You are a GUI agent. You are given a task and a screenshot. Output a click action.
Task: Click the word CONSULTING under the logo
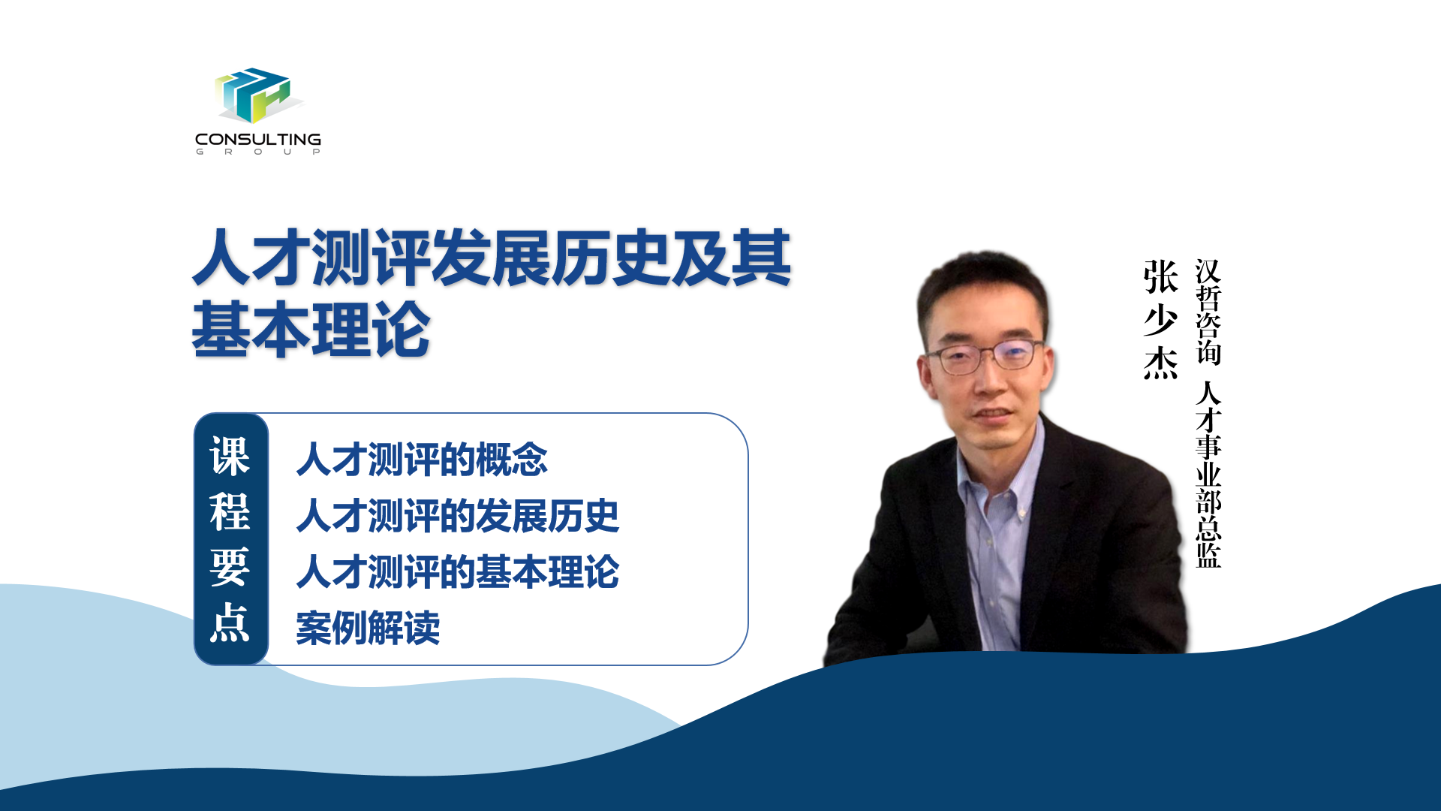point(258,140)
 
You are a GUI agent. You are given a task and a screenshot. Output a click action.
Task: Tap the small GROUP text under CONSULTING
point(258,152)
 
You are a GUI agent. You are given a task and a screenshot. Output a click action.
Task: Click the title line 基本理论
point(311,330)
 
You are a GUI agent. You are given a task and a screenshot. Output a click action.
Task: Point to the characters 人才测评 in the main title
point(311,258)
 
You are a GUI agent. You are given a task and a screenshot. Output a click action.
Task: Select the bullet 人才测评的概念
point(422,460)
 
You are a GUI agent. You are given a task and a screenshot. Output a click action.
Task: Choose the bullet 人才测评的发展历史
point(458,516)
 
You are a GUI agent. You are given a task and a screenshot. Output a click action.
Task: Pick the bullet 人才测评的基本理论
point(458,571)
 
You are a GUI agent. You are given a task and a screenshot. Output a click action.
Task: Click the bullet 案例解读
point(368,628)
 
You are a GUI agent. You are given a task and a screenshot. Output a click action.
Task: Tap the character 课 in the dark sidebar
point(230,457)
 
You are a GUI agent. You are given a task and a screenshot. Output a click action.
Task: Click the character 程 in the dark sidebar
point(230,512)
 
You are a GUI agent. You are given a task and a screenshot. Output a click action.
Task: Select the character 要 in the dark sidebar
point(230,568)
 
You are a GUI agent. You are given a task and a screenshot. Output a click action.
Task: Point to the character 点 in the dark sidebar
point(230,623)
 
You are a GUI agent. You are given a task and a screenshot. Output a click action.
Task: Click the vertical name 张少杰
point(1160,320)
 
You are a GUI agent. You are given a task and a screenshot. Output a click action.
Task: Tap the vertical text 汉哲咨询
point(1208,312)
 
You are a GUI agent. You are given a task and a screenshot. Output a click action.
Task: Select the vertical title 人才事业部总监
point(1208,474)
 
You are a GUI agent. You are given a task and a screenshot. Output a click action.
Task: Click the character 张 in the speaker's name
point(1160,277)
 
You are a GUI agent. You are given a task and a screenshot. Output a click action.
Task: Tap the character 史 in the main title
point(641,258)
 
